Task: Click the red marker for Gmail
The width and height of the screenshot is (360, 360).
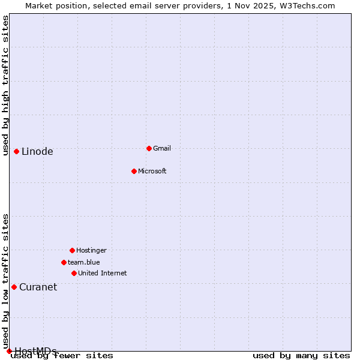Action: pyautogui.click(x=149, y=148)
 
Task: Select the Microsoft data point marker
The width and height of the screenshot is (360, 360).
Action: pyautogui.click(x=134, y=171)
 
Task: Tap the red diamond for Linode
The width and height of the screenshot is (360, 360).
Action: pyautogui.click(x=16, y=151)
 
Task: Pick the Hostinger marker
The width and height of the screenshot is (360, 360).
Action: pyautogui.click(x=72, y=250)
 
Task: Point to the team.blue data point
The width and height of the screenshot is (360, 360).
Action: pyautogui.click(x=64, y=262)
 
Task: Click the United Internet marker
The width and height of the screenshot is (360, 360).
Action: pyautogui.click(x=74, y=273)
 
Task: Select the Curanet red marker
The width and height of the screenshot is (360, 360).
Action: pyautogui.click(x=14, y=287)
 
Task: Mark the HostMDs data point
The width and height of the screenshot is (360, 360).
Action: pyautogui.click(x=9, y=351)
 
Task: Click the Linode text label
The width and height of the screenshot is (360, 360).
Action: pyautogui.click(x=37, y=152)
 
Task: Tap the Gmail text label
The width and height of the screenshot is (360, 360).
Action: pyautogui.click(x=162, y=148)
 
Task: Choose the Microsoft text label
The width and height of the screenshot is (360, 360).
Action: pyautogui.click(x=152, y=171)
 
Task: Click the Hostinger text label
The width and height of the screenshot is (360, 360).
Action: pyautogui.click(x=91, y=250)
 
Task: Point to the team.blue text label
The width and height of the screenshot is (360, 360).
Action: pyautogui.click(x=84, y=262)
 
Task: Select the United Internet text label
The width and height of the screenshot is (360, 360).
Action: pyautogui.click(x=103, y=273)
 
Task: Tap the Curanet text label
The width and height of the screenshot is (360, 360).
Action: pyautogui.click(x=38, y=287)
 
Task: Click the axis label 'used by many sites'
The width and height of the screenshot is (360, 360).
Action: pyautogui.click(x=301, y=356)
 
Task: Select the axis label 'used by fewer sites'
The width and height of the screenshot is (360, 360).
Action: pyautogui.click(x=62, y=356)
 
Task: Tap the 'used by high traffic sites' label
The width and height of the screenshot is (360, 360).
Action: pyautogui.click(x=5, y=85)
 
